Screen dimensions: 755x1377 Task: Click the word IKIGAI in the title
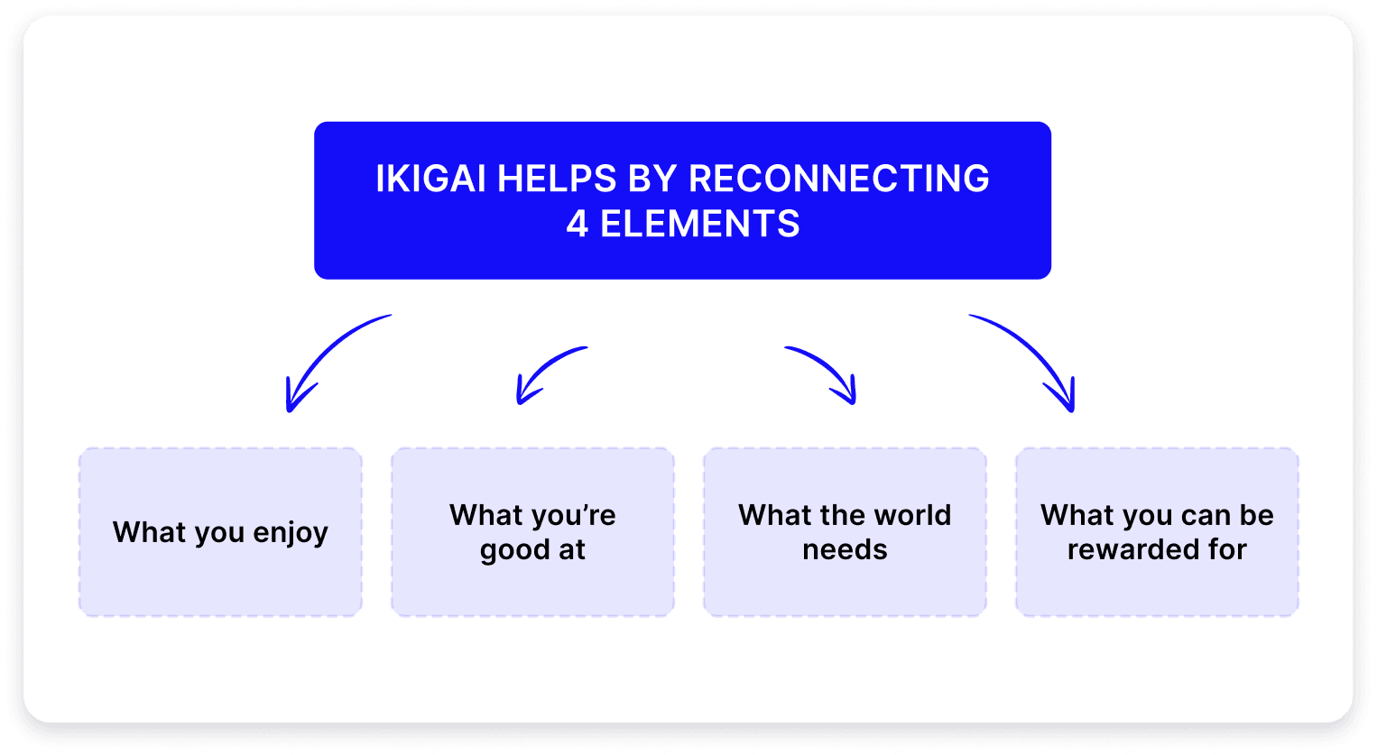[431, 179]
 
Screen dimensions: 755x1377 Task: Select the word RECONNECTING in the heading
[838, 179]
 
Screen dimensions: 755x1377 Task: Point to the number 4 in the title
[578, 224]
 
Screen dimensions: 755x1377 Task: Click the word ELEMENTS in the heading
[700, 224]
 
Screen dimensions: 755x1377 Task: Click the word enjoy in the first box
[291, 533]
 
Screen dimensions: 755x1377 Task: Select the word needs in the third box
[845, 549]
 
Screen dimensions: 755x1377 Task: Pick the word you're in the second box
[573, 515]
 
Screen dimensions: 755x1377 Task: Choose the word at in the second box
[572, 549]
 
